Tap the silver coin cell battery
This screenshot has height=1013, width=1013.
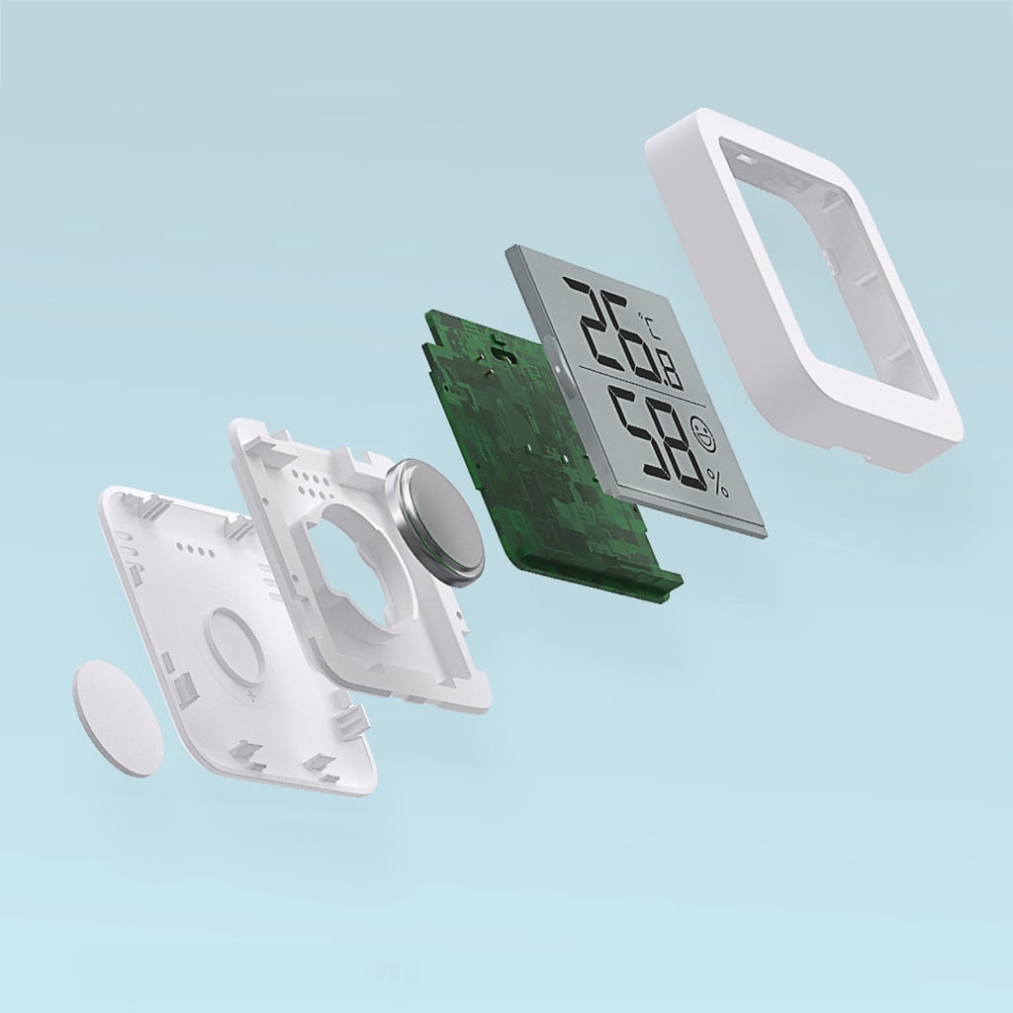(433, 522)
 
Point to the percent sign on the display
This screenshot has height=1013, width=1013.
(718, 483)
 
